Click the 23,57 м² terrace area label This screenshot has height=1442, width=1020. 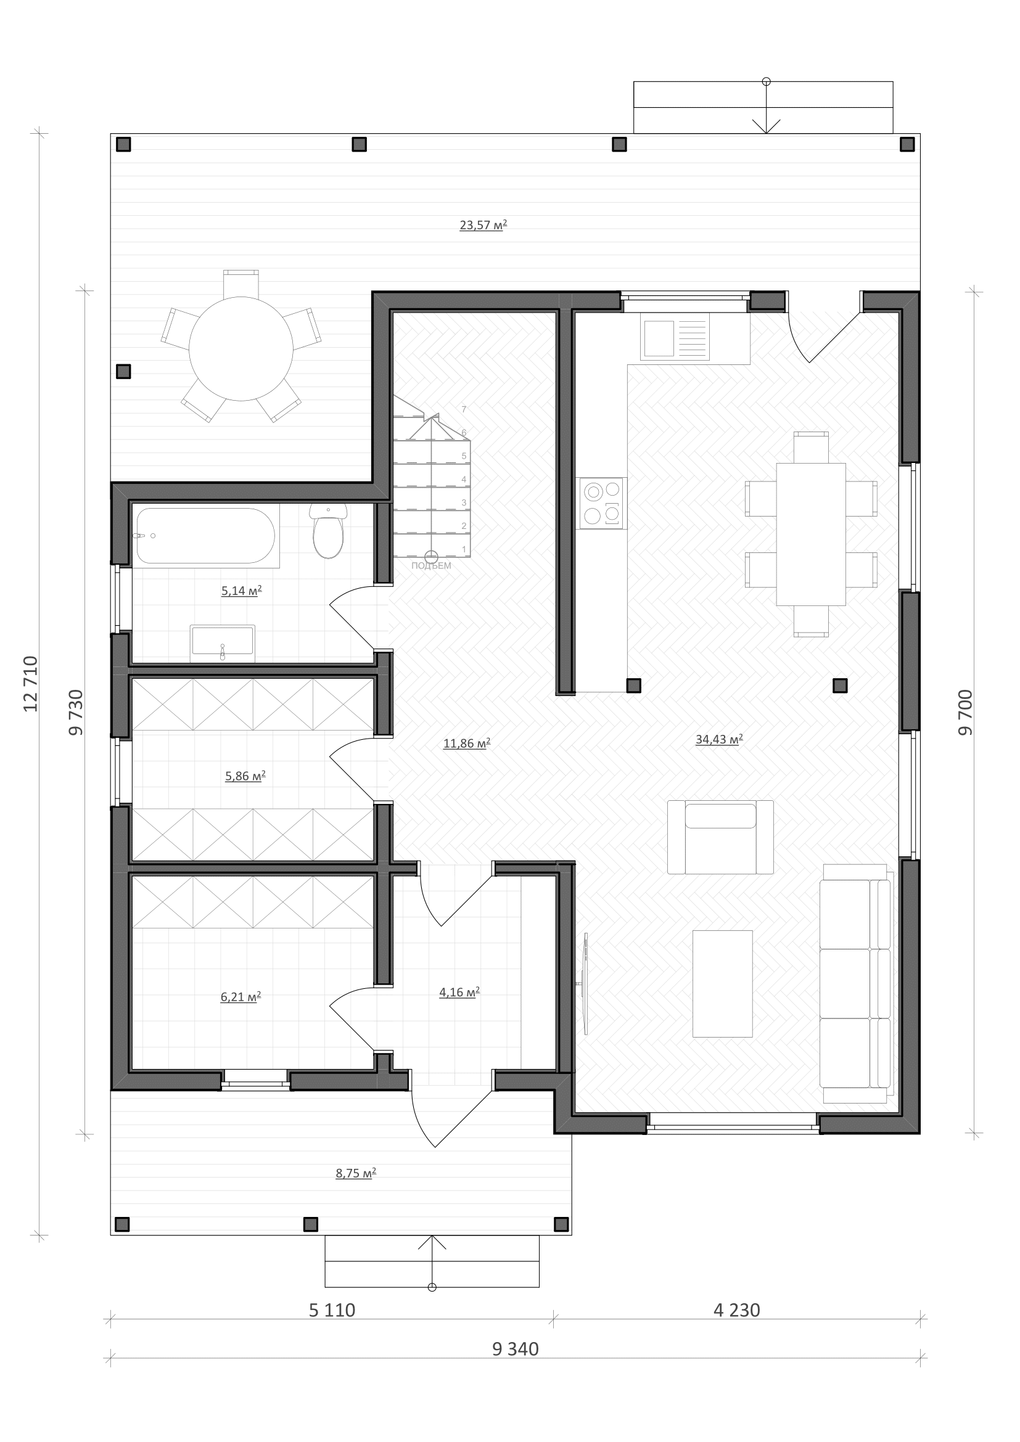483,225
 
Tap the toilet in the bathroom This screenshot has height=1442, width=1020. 328,531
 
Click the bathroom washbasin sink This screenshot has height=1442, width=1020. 223,642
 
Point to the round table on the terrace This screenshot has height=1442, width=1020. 241,348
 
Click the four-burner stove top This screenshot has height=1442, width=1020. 603,503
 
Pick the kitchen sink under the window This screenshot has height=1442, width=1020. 675,338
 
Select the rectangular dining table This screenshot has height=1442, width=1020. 811,534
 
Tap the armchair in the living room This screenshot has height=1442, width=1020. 720,837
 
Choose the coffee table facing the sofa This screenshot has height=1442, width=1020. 722,983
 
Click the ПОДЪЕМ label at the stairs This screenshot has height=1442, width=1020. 432,566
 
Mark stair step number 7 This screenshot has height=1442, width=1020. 464,409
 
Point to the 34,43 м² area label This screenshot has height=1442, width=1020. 719,739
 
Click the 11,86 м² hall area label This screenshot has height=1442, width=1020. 467,744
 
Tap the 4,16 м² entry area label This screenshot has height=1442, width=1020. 459,993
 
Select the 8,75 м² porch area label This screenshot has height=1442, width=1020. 356,1173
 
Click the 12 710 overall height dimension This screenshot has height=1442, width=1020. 30,683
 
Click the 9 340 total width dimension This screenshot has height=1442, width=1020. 516,1349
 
